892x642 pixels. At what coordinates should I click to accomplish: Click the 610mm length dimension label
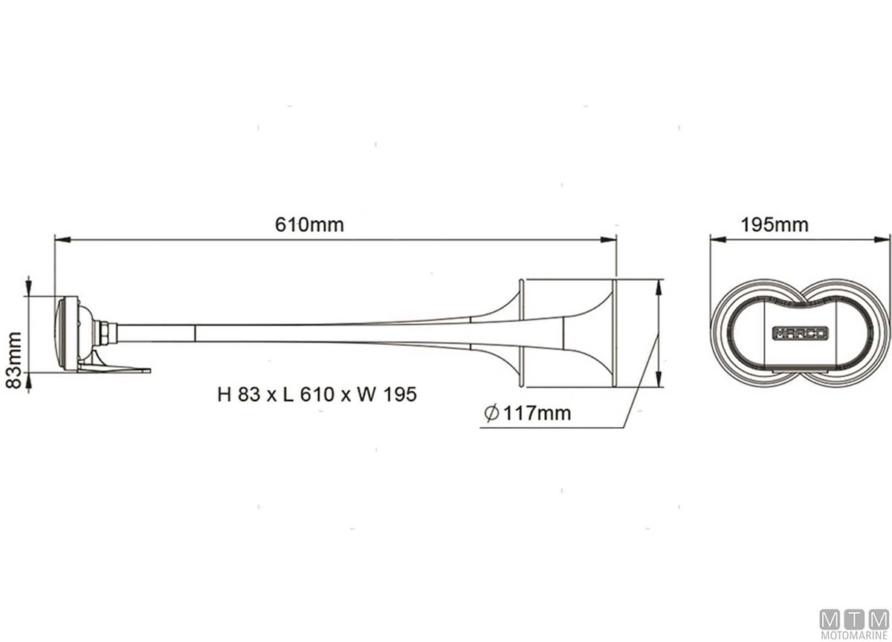click(309, 225)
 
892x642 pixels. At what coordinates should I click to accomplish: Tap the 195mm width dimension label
click(775, 225)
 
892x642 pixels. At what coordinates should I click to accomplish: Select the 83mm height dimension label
click(13, 360)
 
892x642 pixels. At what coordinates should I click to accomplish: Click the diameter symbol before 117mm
click(491, 412)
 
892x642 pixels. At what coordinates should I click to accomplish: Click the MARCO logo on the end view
click(801, 333)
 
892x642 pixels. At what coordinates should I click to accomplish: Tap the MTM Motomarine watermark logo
click(854, 625)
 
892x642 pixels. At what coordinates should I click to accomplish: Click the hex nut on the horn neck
click(105, 334)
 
